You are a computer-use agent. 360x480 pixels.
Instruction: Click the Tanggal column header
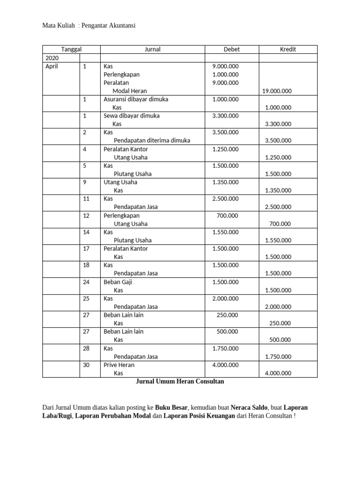(x=71, y=49)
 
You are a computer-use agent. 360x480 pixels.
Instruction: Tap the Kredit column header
(x=288, y=49)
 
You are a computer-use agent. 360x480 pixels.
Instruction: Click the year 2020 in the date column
(x=52, y=58)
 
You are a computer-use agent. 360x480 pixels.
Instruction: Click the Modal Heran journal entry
(x=129, y=91)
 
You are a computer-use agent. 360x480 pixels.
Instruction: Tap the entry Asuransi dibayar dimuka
(x=135, y=99)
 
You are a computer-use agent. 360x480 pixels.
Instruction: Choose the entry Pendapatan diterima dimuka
(x=152, y=141)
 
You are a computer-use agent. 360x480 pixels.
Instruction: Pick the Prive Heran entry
(x=119, y=365)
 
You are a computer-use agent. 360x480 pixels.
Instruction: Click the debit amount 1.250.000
(x=225, y=149)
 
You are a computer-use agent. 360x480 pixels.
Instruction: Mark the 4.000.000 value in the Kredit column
(x=278, y=374)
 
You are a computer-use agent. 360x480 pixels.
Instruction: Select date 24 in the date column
(x=86, y=282)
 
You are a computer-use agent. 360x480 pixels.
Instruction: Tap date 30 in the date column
(x=86, y=365)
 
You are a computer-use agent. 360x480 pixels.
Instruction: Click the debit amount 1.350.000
(x=225, y=182)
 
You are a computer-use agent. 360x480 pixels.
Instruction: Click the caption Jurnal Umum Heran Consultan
(x=180, y=382)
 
